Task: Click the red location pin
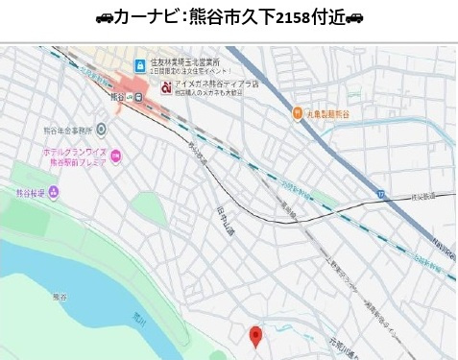click(255, 336)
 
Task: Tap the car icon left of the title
click(104, 18)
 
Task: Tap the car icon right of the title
click(354, 18)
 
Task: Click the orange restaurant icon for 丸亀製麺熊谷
click(298, 113)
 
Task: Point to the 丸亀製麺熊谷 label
click(327, 113)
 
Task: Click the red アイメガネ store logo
click(166, 87)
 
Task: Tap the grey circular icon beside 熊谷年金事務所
click(101, 129)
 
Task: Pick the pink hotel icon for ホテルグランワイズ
click(116, 155)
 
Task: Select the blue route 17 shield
click(381, 194)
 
